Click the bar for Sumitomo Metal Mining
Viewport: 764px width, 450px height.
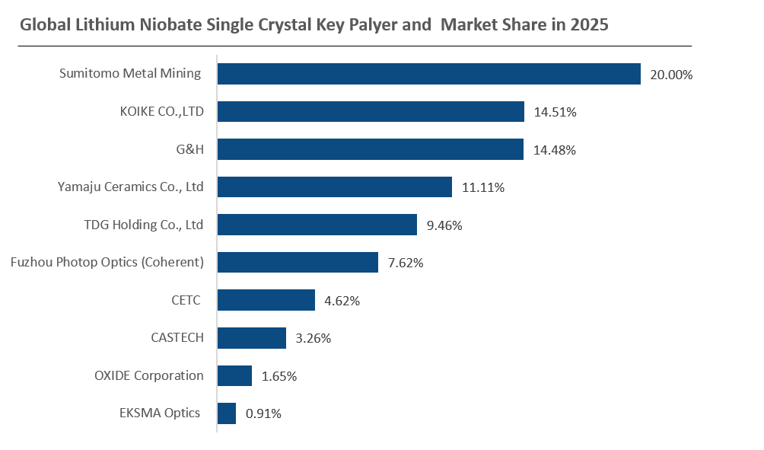(x=428, y=74)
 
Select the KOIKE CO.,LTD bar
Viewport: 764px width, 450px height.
(x=371, y=112)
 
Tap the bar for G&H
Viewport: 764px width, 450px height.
(x=371, y=149)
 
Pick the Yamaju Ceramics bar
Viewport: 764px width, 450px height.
(x=335, y=187)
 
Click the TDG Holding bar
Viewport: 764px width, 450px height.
(x=317, y=225)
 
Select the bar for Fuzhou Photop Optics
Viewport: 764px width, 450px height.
(x=298, y=262)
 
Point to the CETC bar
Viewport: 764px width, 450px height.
(x=266, y=300)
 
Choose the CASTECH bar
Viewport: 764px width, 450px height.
(x=251, y=338)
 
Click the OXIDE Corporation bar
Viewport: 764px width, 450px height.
(x=234, y=376)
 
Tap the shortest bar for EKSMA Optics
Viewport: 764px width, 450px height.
(x=227, y=413)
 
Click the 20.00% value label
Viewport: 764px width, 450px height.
(x=671, y=75)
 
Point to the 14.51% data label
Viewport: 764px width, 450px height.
(x=555, y=112)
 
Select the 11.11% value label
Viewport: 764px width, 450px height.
(x=483, y=187)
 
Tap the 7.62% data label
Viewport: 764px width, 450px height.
(x=406, y=263)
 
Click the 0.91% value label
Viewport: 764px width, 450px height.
(x=263, y=413)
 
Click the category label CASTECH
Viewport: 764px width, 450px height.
(x=177, y=337)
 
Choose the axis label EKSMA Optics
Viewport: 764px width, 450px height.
(x=160, y=413)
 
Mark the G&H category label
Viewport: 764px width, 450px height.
(x=190, y=149)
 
